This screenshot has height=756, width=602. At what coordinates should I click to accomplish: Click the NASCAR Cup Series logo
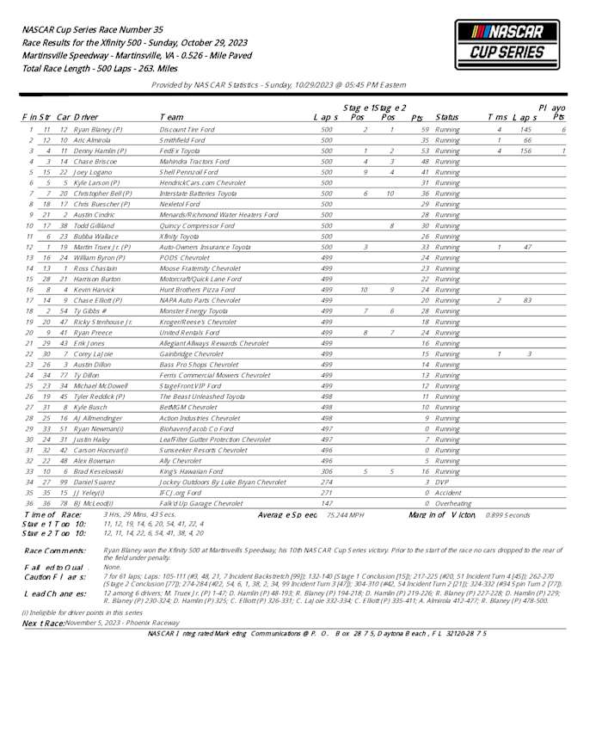(501, 46)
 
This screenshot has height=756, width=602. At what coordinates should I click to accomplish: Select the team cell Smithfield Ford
(182, 139)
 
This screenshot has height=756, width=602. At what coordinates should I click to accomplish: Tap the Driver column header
(86, 116)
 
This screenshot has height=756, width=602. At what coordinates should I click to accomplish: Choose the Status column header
(447, 116)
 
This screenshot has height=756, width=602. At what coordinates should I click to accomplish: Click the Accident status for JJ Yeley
(449, 493)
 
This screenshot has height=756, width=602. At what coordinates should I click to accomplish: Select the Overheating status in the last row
(454, 503)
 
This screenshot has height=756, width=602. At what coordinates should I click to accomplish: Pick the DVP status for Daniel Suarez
(443, 482)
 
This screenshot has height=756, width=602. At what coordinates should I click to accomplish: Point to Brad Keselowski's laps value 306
(326, 471)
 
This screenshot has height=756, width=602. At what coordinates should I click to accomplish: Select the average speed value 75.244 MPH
(344, 514)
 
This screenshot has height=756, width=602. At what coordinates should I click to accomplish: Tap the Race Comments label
(55, 550)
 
